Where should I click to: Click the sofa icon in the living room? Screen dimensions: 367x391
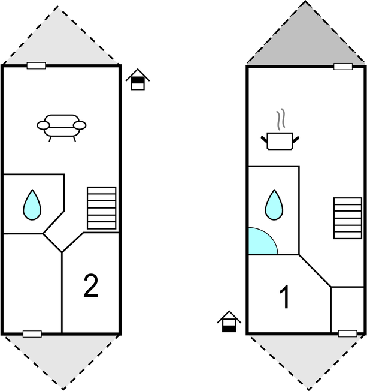pos(62,128)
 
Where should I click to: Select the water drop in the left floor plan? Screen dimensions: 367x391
pos(32,205)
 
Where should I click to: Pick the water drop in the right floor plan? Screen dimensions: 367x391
pos(274,205)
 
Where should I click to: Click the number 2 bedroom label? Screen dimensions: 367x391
pos(90,286)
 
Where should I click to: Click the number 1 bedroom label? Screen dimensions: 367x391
pos(284,297)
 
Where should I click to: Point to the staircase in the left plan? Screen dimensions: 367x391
pos(102,208)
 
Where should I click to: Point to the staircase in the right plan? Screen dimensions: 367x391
pos(348,218)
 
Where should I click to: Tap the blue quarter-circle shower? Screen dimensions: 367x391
pos(262,242)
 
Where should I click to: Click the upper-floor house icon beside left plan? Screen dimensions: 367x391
pos(138,79)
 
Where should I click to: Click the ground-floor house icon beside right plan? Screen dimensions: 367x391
pos(229,321)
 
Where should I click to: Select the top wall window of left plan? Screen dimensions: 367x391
pos(36,66)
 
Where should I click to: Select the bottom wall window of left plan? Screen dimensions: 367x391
pos(32,334)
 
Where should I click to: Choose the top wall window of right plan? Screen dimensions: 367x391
pos(343,67)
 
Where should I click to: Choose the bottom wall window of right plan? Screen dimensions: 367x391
pos(348,333)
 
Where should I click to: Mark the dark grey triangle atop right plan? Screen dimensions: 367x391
pos(305,43)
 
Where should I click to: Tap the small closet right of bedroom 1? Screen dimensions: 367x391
pos(348,309)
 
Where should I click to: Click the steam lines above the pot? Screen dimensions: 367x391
pos(281,119)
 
